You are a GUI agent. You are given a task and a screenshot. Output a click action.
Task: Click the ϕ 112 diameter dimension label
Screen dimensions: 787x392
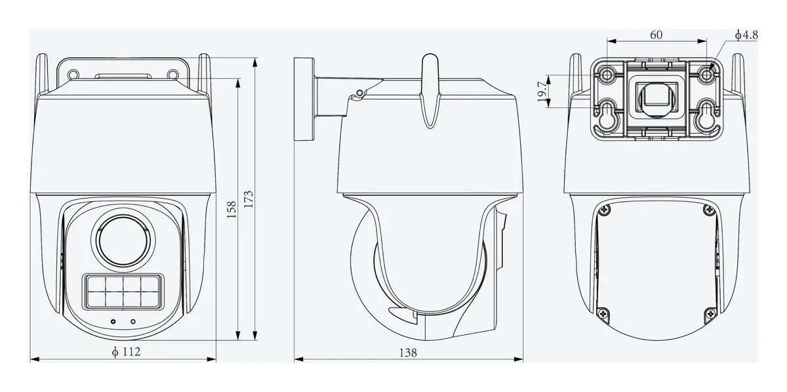[126, 351]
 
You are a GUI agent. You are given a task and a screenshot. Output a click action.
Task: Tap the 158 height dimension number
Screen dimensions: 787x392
[231, 210]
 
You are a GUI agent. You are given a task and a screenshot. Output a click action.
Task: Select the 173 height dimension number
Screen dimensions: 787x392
[249, 199]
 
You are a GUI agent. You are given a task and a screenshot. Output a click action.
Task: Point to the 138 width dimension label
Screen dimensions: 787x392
[408, 352]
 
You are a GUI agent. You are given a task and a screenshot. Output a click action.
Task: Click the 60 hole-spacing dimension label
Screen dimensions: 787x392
[656, 35]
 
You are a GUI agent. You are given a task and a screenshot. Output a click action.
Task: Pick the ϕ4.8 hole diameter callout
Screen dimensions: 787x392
[746, 35]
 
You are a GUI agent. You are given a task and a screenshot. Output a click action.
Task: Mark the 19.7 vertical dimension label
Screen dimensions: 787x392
[542, 91]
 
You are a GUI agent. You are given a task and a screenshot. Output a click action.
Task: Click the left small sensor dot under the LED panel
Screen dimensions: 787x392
[113, 321]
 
